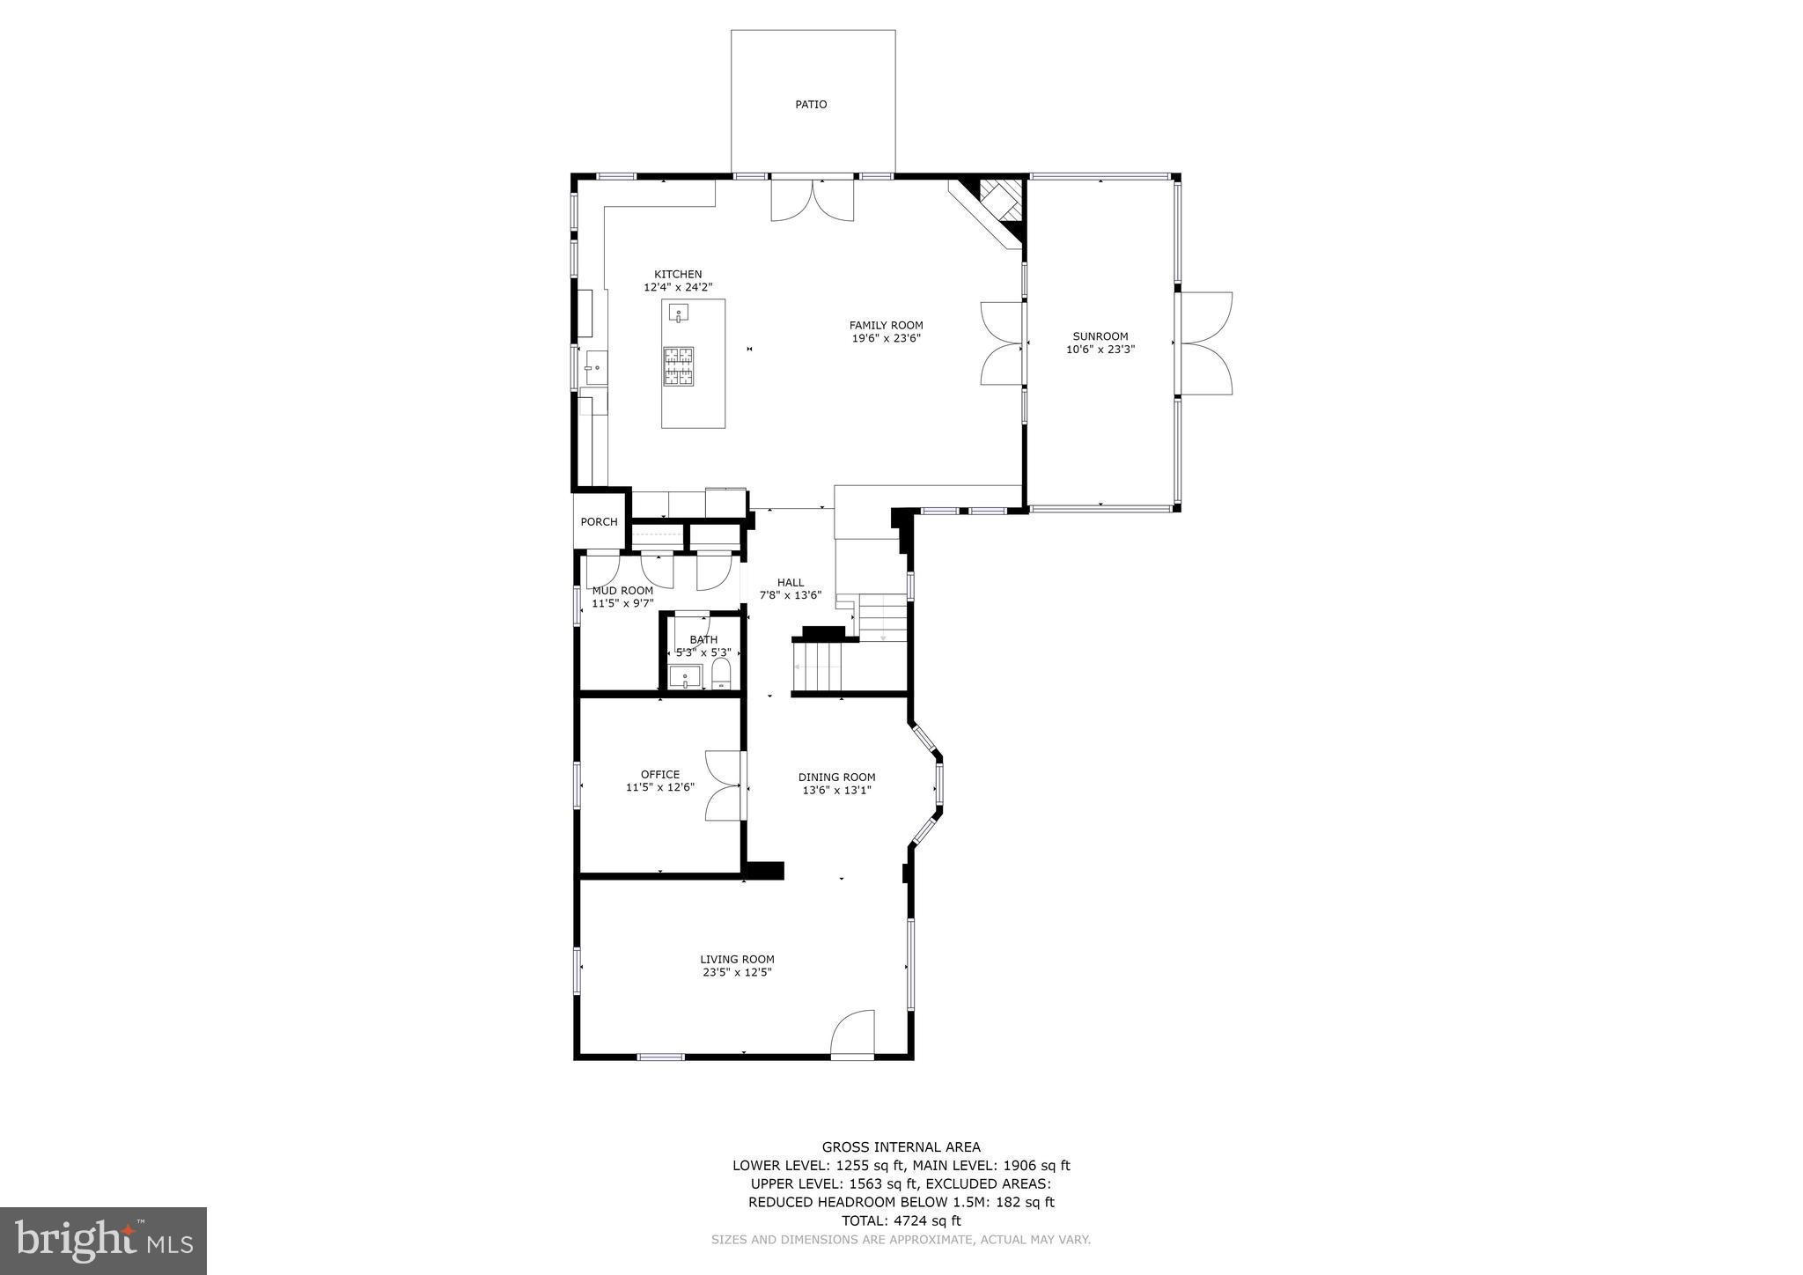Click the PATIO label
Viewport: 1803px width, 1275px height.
[811, 104]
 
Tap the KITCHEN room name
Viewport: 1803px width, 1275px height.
[678, 274]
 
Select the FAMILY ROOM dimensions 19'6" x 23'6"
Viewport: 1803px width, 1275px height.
[886, 338]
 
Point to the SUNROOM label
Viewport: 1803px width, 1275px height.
[1100, 335]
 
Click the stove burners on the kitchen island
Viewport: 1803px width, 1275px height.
[678, 366]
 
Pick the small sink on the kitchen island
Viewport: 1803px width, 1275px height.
[678, 313]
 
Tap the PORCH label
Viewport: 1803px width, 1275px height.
[599, 521]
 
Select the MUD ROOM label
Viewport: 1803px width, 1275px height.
[622, 590]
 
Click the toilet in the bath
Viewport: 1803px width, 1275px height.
[721, 674]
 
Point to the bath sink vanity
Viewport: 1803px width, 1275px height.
[684, 677]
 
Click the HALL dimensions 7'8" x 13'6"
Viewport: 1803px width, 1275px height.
[790, 595]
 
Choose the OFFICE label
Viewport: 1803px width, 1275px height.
[659, 774]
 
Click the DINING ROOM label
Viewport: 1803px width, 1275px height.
[836, 777]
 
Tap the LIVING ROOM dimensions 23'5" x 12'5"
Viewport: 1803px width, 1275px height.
[737, 972]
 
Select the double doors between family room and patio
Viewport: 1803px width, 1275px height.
[812, 200]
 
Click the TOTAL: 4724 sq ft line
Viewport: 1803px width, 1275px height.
[901, 1220]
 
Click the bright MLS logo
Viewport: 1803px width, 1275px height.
[103, 1241]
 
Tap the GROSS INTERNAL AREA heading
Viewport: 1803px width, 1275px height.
[901, 1146]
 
